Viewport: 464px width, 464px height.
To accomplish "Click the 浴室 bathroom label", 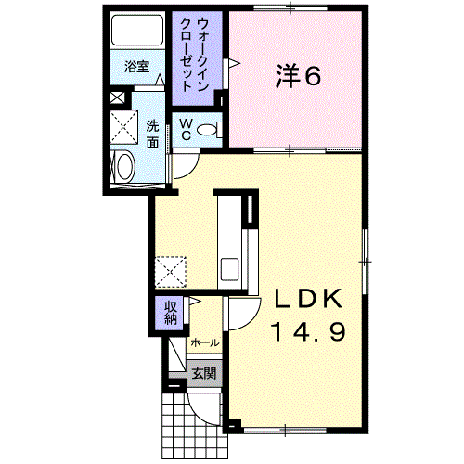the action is click(x=137, y=67).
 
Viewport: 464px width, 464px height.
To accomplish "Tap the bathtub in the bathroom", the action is click(x=137, y=30).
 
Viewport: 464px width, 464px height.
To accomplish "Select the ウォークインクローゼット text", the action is click(x=193, y=55).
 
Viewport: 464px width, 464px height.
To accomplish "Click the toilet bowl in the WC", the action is click(x=207, y=129).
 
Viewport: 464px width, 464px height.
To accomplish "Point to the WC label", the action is click(x=186, y=130).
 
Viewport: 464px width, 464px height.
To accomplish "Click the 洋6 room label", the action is click(x=298, y=75).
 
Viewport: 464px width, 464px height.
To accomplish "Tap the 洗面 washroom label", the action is click(x=152, y=134).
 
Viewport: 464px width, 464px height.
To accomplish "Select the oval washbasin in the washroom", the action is click(x=124, y=167).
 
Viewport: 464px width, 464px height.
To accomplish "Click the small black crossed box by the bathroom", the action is click(x=117, y=97).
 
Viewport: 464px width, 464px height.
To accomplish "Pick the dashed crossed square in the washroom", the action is click(x=123, y=127).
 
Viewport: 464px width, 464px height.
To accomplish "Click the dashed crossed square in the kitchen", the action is click(x=171, y=273).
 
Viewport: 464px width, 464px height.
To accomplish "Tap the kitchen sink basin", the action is click(x=229, y=269).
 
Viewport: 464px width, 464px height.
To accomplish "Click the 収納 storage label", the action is click(x=171, y=313).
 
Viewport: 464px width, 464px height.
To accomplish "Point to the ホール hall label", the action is click(x=205, y=342).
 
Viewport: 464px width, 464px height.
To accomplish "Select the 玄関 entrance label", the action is click(x=203, y=374).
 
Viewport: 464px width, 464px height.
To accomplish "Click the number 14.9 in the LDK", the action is click(x=308, y=331).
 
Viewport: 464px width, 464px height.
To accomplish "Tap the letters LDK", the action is click(x=309, y=298).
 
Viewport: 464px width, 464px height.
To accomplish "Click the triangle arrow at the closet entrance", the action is click(x=234, y=63).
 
